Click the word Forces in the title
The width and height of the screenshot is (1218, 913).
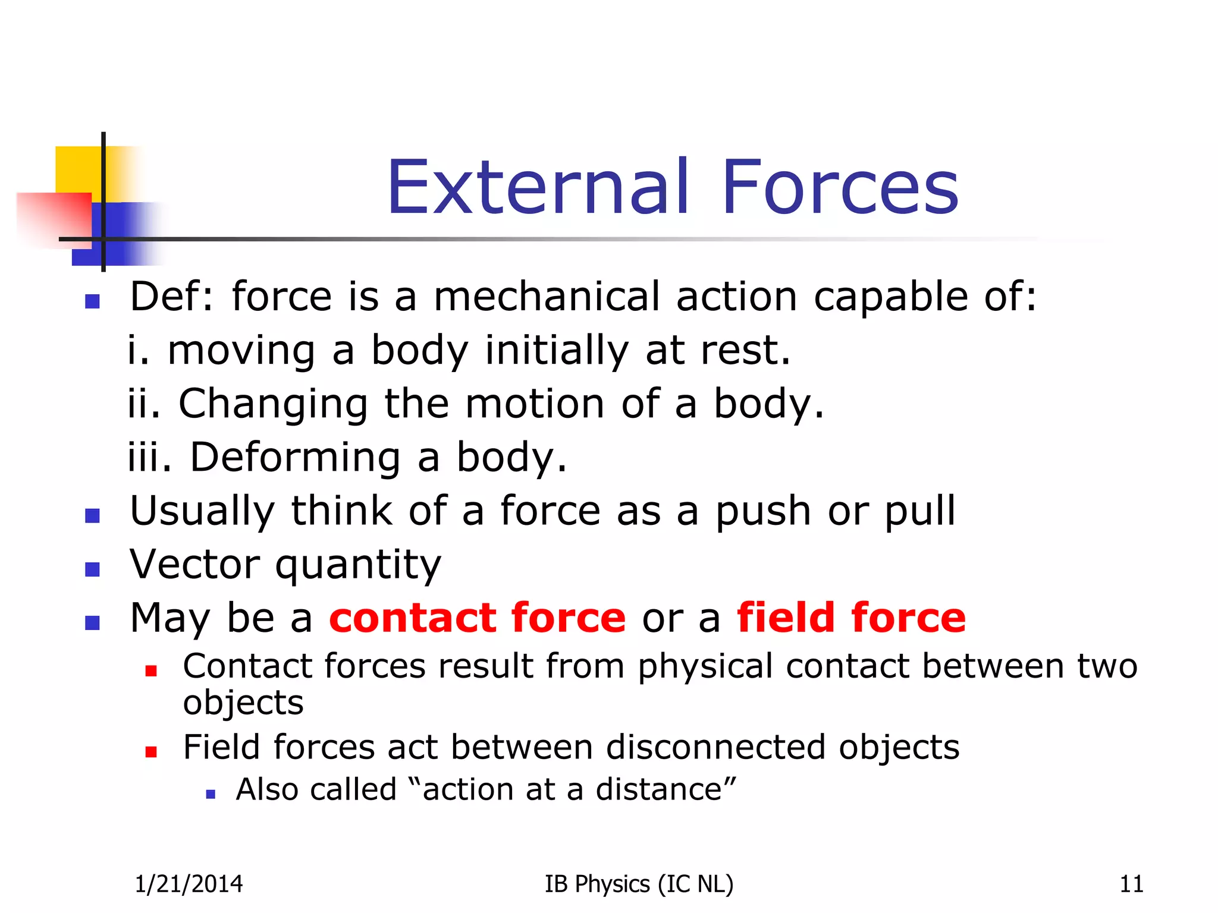pyautogui.click(x=840, y=187)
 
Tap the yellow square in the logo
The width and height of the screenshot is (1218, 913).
pyautogui.click(x=77, y=169)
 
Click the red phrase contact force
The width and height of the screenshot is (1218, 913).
pyautogui.click(x=478, y=618)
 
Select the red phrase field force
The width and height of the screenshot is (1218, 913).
pyautogui.click(x=851, y=618)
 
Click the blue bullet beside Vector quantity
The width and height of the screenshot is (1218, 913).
pyautogui.click(x=92, y=569)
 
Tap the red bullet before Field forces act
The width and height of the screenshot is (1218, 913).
pyautogui.click(x=151, y=752)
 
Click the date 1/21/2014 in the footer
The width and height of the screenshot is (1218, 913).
pyautogui.click(x=189, y=884)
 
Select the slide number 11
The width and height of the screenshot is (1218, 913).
pyautogui.click(x=1131, y=884)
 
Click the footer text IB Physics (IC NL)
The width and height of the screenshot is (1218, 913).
pyautogui.click(x=639, y=884)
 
